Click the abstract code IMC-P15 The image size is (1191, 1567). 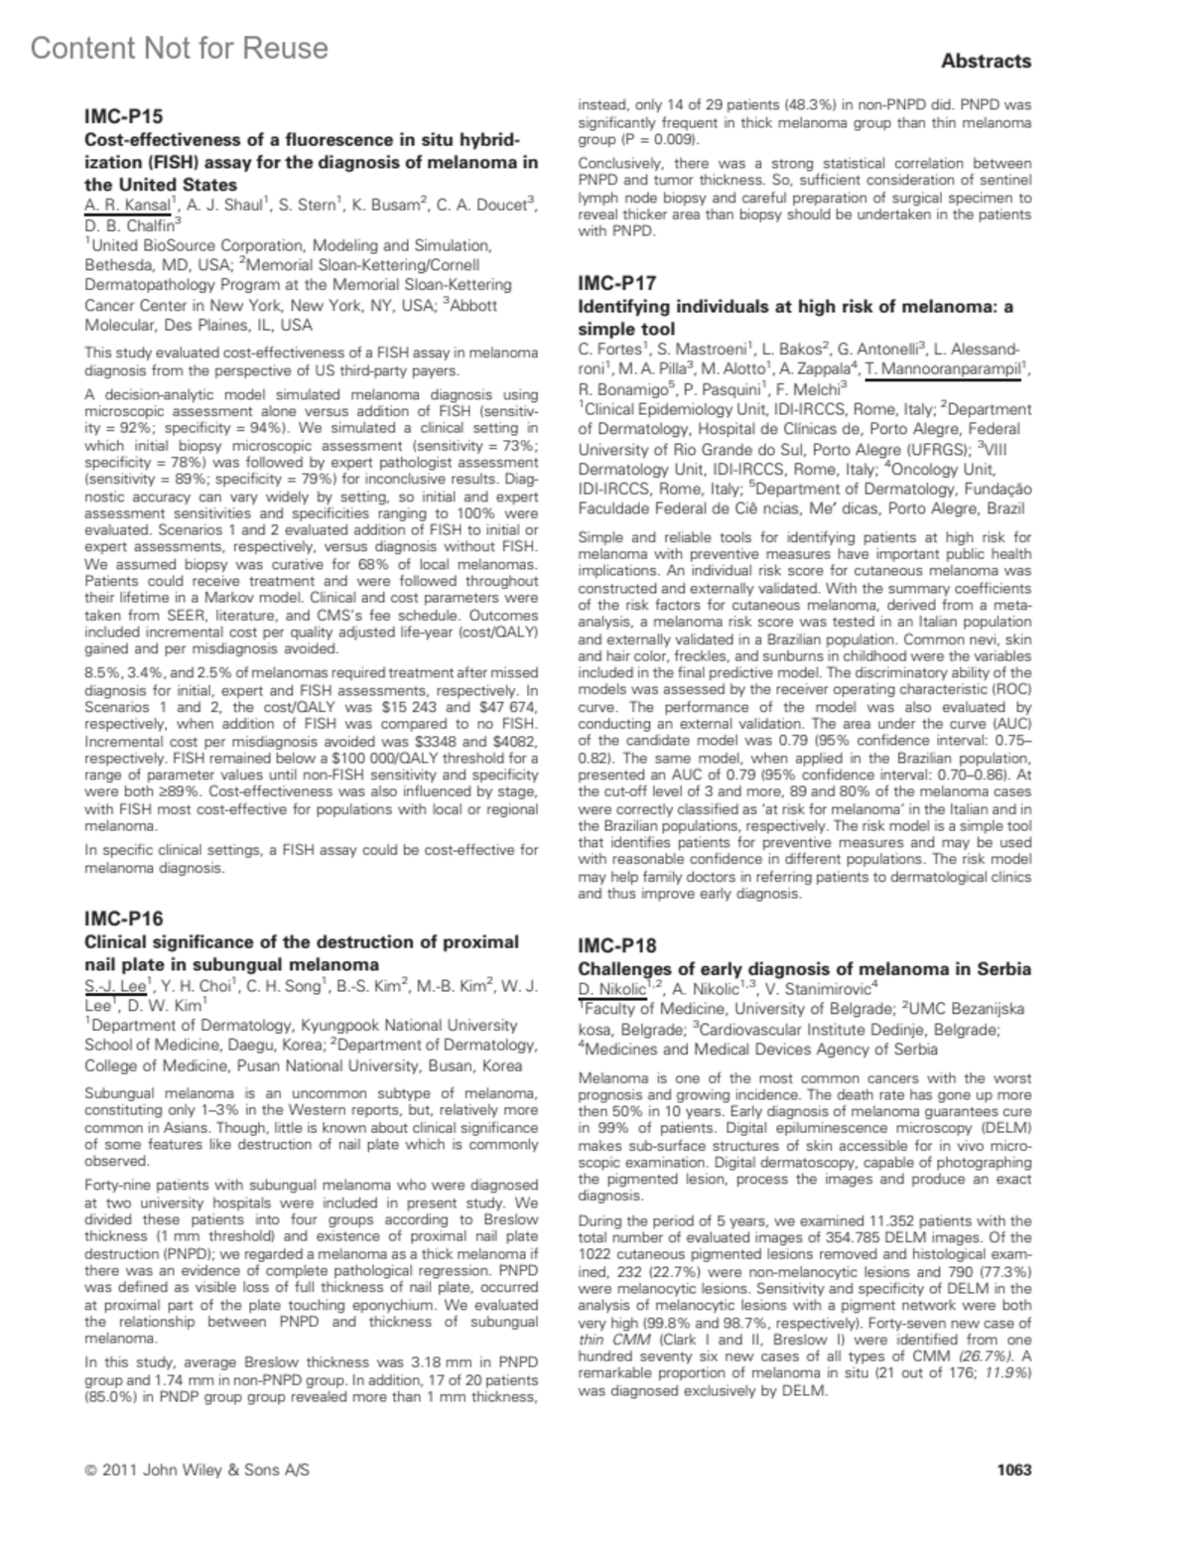123,117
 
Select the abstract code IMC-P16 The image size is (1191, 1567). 123,918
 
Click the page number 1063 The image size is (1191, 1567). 1013,1469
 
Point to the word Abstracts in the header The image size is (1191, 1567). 986,62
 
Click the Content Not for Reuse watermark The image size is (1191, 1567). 179,48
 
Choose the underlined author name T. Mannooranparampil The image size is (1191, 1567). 943,370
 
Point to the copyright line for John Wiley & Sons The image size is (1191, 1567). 197,1470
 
